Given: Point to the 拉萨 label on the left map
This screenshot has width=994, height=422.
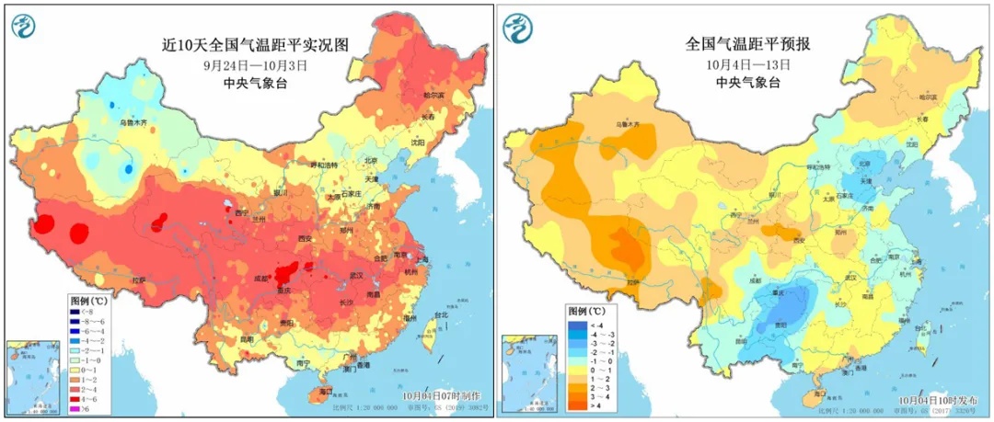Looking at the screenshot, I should pos(138,280).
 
